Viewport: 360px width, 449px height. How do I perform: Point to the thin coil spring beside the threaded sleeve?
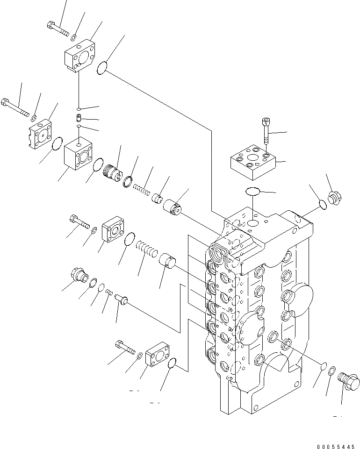[x=141, y=188]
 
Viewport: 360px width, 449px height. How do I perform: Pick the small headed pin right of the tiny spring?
[x=122, y=298]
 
